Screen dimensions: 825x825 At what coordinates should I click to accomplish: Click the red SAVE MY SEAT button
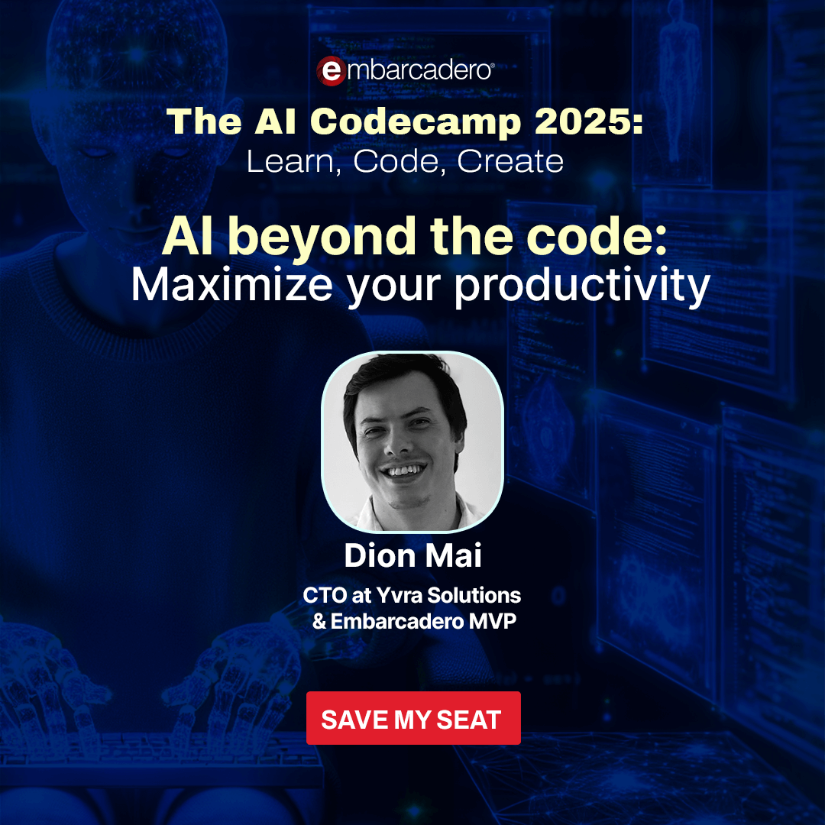413,717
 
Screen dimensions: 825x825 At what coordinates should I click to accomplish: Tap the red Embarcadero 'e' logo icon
331,70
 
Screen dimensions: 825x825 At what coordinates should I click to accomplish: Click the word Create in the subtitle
510,161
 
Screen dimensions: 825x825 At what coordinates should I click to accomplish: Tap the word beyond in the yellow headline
322,238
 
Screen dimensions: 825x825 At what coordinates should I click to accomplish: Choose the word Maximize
231,285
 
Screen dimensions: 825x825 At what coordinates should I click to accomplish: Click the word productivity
582,286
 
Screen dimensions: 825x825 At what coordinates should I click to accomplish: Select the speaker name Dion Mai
413,555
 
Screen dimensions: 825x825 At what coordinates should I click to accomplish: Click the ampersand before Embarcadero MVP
319,621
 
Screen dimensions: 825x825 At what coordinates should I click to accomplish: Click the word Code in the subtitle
395,161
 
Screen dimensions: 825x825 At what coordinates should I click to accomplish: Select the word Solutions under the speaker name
474,595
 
